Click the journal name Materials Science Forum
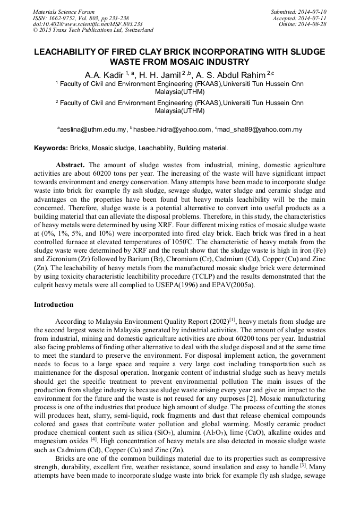64,12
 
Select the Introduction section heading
55,305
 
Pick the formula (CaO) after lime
247,431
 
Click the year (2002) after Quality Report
215,322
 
